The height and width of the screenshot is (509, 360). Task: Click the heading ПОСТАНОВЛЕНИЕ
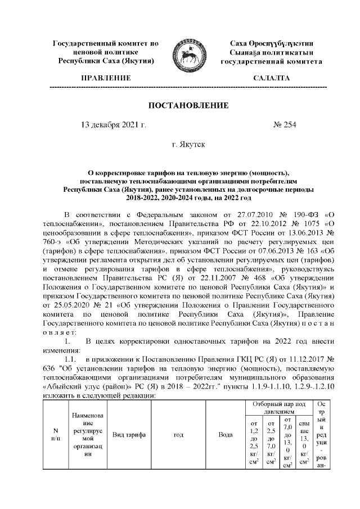(180, 106)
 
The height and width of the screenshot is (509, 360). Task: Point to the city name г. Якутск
(188, 144)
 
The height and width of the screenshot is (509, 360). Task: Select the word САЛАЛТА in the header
(272, 78)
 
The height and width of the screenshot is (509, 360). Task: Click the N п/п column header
(55, 435)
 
